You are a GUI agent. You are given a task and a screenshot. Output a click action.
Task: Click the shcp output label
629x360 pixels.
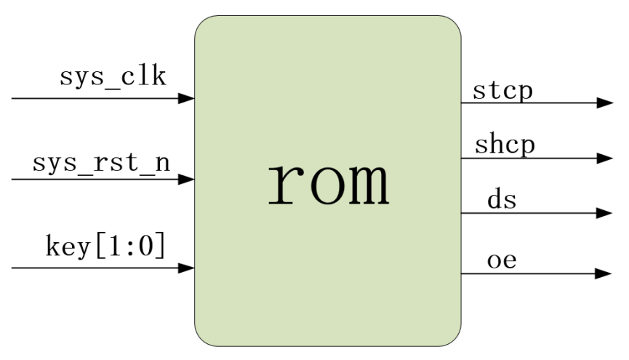point(505,145)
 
